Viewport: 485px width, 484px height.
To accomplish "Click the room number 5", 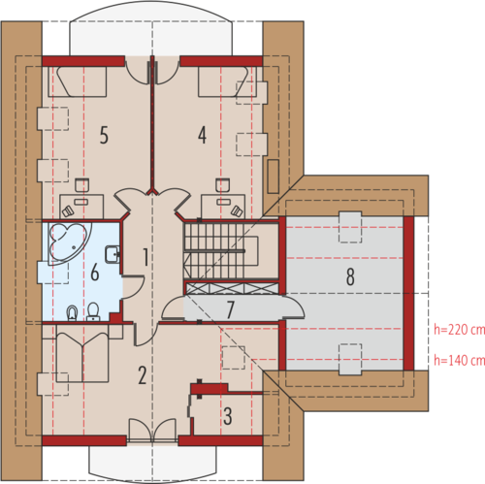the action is [x=104, y=135].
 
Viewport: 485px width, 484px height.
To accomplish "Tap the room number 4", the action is [x=202, y=135].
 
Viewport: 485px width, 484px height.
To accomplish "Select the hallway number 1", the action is [x=145, y=257].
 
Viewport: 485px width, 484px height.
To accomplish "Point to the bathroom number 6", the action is [x=95, y=272].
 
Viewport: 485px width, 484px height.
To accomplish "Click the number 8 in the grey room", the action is [x=350, y=276].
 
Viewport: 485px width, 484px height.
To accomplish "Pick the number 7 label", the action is [x=230, y=309].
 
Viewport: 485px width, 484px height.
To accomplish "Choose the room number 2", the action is [x=143, y=375].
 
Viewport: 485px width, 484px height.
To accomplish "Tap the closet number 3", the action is [x=228, y=416].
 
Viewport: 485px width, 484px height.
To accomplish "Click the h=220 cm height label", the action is [x=459, y=330].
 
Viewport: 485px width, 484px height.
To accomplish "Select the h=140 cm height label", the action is [x=459, y=360].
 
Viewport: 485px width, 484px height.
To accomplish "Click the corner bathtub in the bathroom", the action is [x=69, y=242].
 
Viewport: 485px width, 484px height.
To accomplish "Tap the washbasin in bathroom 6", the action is [x=113, y=254].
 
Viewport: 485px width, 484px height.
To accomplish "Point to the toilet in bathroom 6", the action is [x=93, y=311].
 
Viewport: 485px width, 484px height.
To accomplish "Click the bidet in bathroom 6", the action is [x=73, y=313].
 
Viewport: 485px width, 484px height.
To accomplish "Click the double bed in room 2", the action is [x=82, y=353].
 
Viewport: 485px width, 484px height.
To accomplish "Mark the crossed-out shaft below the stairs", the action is [x=232, y=288].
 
